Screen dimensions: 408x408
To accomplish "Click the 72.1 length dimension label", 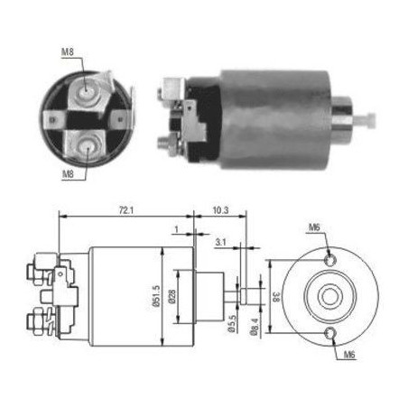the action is coord(126,210).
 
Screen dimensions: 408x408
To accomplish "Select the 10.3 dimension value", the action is coord(220,210).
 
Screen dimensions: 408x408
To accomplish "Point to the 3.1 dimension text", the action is coord(220,242).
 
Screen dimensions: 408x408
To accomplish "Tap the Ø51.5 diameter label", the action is coord(156,296).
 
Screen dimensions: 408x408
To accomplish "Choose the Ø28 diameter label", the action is coord(172,296).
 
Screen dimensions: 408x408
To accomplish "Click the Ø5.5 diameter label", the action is coord(232,323).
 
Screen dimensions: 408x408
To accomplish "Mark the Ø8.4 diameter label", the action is coord(254,327).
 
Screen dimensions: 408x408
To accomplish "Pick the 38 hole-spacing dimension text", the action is coord(277,296).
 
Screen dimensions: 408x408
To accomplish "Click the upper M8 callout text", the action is coord(68,51).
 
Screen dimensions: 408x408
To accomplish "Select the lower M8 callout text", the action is coord(68,173).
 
